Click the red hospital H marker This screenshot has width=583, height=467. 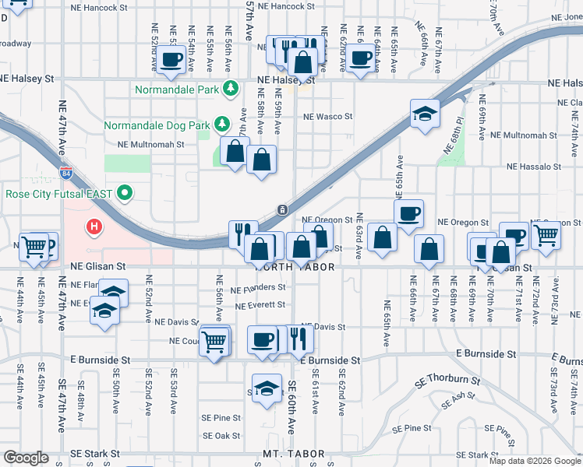[94, 227]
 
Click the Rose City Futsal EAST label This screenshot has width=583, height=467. [60, 193]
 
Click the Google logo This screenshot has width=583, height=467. [25, 458]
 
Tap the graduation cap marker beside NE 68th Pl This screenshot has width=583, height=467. [425, 114]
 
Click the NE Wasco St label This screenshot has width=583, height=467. [328, 117]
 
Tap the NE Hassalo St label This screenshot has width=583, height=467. [534, 167]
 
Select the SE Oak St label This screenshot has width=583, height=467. [221, 436]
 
